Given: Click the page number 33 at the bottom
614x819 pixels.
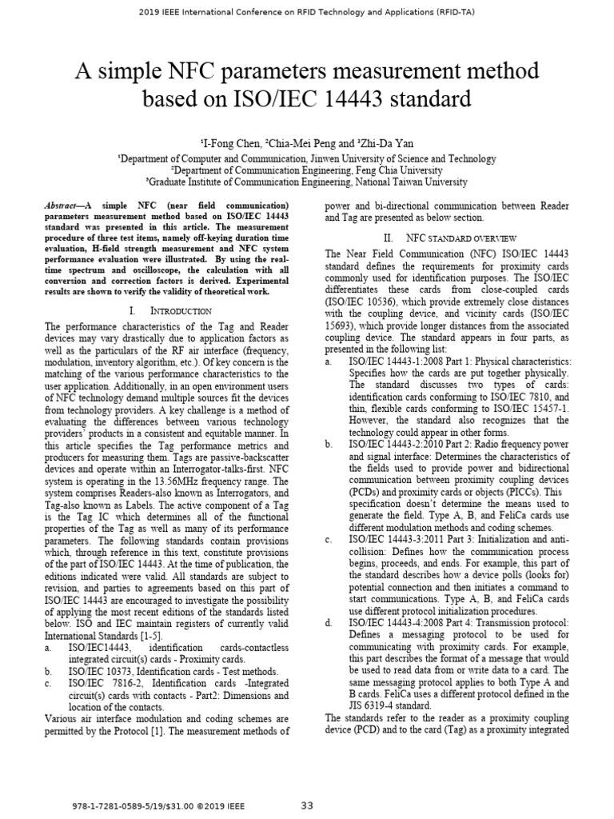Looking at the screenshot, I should (x=307, y=805).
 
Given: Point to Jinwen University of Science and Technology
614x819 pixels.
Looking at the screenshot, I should (x=392, y=159).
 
